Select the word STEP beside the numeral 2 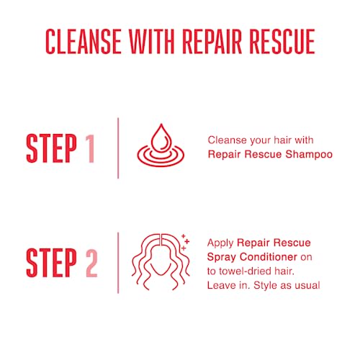coord(51,263)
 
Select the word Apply coord(219,243)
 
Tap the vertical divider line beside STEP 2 coord(117,263)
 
